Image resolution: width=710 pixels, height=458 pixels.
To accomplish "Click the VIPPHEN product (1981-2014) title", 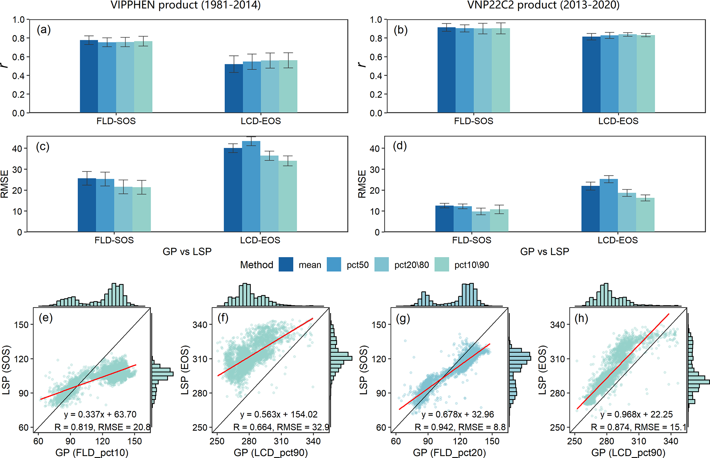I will point(185,5).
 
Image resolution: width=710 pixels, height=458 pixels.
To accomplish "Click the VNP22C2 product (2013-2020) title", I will point(543,5).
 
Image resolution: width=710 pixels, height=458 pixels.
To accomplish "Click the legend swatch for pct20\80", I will point(382,265).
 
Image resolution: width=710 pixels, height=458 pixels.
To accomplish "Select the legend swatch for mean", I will point(286,265).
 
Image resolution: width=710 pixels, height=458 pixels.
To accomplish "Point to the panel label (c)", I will point(43,147).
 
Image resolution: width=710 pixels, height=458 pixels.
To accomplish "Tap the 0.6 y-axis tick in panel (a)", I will point(19,57).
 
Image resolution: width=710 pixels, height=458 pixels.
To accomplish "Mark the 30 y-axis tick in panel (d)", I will point(375,170).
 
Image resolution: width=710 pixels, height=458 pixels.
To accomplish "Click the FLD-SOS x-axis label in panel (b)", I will point(473,121).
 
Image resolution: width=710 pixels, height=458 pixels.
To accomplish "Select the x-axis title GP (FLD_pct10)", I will point(92,453).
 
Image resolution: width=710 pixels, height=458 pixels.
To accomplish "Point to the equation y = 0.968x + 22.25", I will point(636,414).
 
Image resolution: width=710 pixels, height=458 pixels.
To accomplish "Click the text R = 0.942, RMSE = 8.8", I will point(460,427).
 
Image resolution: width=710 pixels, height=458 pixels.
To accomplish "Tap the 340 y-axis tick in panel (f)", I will point(200,325).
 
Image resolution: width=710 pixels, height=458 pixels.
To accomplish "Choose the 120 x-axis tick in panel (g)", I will point(460,441).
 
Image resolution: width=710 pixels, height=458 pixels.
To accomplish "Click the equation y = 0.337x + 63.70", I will point(100,414).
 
